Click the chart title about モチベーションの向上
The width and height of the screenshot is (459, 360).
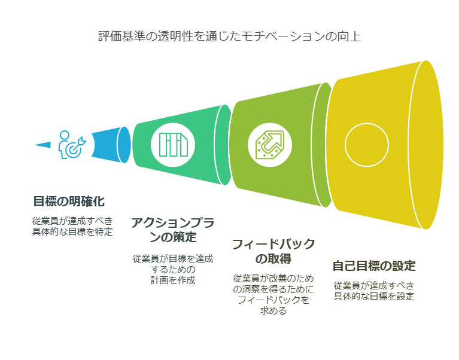[229, 36]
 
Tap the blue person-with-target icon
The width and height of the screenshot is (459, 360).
[72, 145]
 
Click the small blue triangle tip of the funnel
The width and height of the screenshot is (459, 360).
[42, 145]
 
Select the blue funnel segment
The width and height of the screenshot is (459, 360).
[111, 145]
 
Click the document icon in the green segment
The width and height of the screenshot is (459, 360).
[174, 145]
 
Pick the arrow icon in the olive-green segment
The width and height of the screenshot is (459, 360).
[270, 145]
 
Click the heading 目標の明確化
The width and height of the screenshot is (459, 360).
[69, 202]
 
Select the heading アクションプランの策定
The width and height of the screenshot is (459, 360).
[173, 230]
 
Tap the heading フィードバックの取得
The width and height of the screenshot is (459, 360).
[273, 251]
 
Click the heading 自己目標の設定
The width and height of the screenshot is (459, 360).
[374, 266]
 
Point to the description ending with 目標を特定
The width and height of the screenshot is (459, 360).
[72, 226]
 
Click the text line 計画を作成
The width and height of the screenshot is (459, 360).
[173, 280]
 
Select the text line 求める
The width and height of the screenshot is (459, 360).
[273, 310]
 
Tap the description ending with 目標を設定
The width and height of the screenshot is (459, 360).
[374, 291]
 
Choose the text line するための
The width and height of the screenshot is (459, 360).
[173, 269]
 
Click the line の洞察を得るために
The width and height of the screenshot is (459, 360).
[273, 289]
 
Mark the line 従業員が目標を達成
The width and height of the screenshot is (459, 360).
[173, 258]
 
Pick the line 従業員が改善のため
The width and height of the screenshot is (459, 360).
[273, 279]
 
